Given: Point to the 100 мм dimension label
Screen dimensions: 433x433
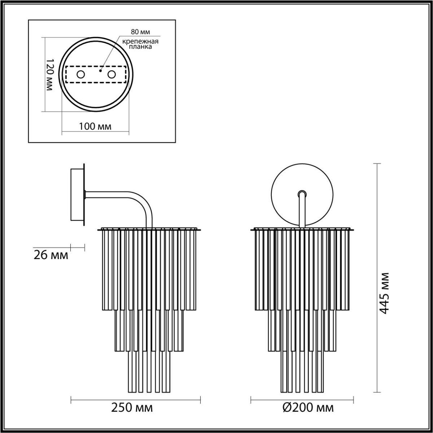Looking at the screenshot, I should click(x=95, y=126).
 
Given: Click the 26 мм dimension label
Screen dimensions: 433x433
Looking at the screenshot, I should click(x=51, y=255).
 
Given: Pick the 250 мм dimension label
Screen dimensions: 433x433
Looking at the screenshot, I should click(x=132, y=408).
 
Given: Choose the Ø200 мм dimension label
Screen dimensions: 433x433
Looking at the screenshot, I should click(x=308, y=408).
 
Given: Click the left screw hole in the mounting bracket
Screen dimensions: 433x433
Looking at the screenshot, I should click(x=80, y=75).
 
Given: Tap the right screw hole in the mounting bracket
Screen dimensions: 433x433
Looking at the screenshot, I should click(x=112, y=75).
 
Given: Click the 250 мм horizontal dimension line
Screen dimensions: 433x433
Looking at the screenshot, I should click(x=135, y=399).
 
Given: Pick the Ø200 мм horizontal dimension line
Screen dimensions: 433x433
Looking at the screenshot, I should click(x=302, y=399).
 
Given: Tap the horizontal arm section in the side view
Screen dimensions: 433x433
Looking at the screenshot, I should click(x=108, y=194).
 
